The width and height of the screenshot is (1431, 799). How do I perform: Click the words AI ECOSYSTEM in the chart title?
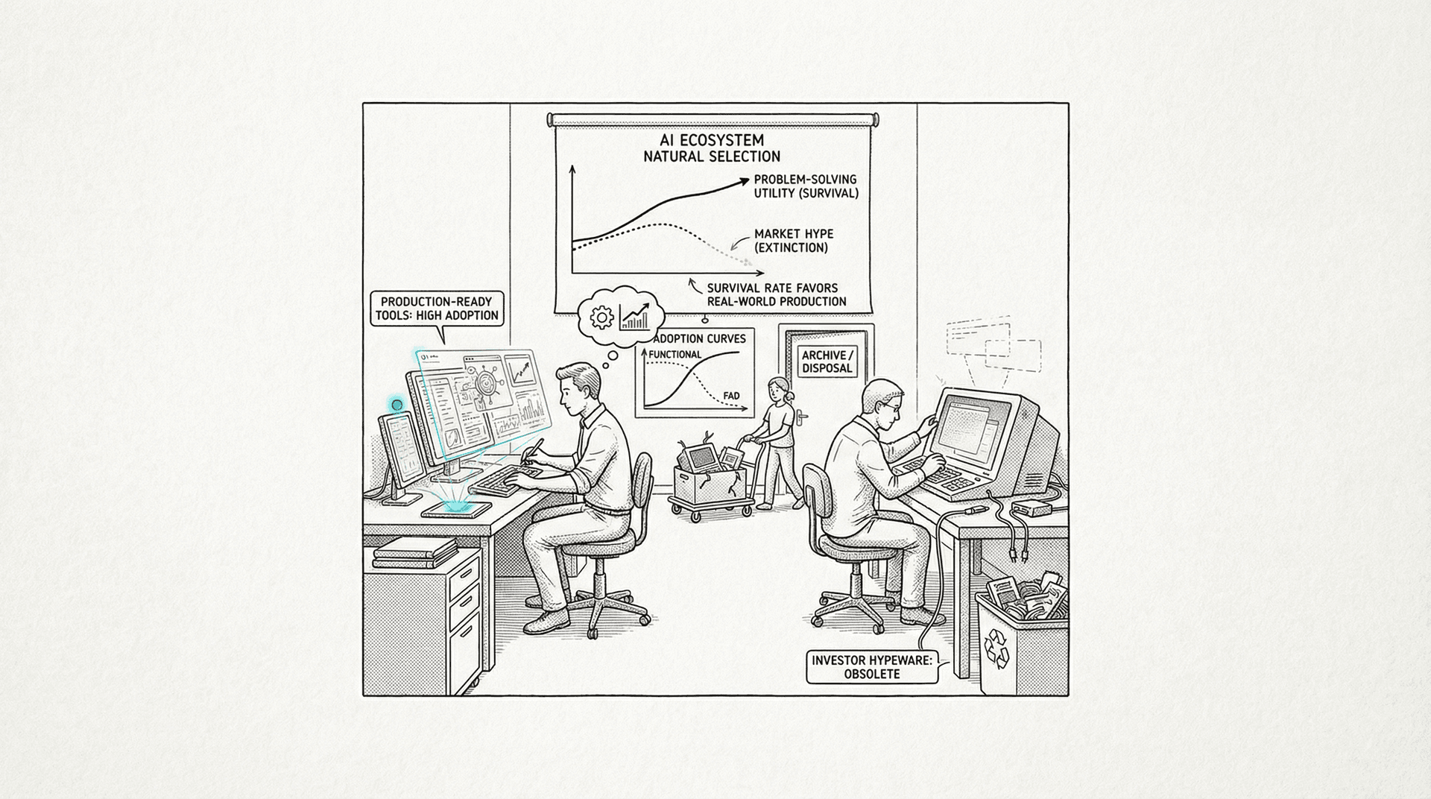point(713,140)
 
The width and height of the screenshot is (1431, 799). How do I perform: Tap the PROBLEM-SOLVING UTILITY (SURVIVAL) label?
point(806,186)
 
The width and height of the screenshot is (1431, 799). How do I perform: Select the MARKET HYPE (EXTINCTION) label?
point(791,241)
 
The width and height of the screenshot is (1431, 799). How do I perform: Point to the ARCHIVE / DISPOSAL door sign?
point(826,361)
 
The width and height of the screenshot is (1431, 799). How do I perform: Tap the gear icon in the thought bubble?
point(600,318)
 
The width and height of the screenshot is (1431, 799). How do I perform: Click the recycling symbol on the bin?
point(997,645)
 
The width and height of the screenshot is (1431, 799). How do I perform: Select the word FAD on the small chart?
point(732,396)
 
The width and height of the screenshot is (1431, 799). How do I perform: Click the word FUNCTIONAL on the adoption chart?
point(675,354)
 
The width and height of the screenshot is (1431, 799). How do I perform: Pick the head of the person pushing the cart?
point(777,388)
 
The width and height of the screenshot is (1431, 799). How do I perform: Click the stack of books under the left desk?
point(414,552)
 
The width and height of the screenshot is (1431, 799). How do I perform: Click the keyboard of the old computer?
point(932,474)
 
